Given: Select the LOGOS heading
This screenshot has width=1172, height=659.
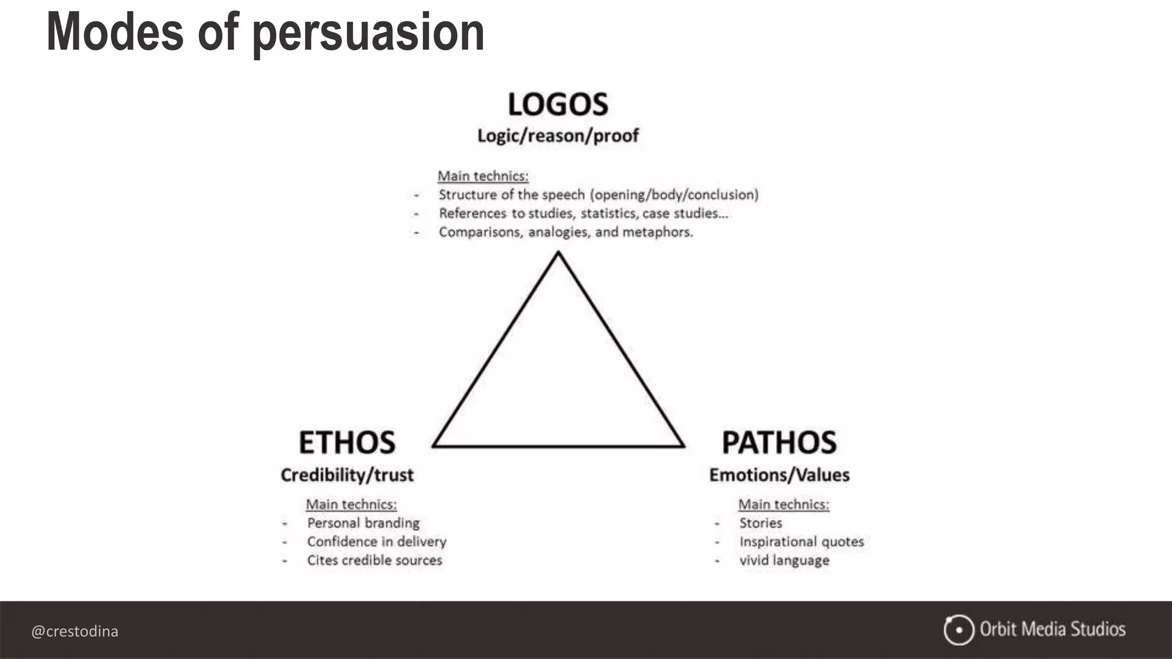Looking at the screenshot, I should pos(558,105).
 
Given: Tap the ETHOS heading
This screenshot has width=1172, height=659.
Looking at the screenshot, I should pos(347,443).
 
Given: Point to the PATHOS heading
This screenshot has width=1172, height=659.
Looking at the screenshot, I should pos(779,443).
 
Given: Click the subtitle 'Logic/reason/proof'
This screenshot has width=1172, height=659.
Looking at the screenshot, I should pos(558,136).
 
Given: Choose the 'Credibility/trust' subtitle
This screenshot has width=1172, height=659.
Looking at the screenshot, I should pos(347,475).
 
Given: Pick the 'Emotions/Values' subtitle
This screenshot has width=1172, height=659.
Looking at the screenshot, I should pos(779,475).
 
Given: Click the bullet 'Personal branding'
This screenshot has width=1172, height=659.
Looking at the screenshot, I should pos(363,523).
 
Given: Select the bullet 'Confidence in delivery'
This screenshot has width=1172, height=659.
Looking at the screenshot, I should pos(377,542).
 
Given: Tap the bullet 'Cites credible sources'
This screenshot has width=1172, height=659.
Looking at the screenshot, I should pos(374,561).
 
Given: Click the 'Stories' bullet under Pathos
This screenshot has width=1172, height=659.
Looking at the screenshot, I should pos(761,523).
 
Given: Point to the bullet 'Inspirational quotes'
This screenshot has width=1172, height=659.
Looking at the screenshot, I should pos(801,542).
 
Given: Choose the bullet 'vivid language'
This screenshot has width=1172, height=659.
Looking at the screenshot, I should pos(784,561).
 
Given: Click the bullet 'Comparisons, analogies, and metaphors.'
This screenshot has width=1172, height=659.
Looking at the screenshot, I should pos(565,232).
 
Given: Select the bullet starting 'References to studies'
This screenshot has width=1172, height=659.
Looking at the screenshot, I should pos(583,213).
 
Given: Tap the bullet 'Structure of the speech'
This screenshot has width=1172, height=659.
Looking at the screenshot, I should pos(598,194).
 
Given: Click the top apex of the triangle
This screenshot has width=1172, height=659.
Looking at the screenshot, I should pos(558,254).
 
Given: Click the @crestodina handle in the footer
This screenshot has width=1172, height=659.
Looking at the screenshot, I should pos(75,631).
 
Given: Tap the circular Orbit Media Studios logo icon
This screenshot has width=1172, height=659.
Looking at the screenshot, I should pos(959,630).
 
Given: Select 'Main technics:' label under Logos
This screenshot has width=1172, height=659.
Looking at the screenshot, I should pos(483,176).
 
